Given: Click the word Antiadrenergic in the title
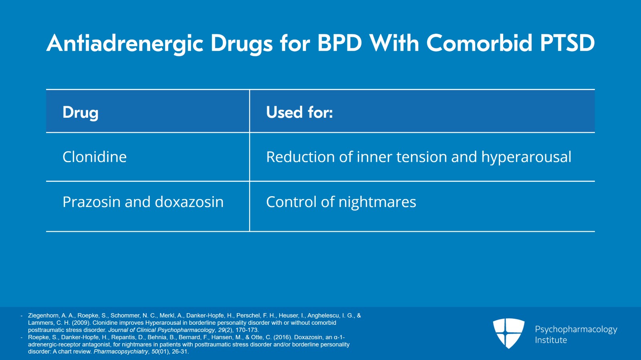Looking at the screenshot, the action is coord(125,44).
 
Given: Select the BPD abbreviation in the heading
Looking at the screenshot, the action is coord(340,43).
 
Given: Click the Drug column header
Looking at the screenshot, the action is coord(81,113).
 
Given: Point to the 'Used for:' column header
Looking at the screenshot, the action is coord(300,112).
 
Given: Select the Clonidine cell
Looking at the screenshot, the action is coord(95,157).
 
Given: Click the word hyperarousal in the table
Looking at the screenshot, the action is coord(526,157).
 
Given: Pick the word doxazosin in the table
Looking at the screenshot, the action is coord(189,202).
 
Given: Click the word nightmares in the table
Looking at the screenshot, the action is coord(377,203).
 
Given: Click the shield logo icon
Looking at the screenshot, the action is coord(508,333).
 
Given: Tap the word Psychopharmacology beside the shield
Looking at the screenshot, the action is coord(576,330).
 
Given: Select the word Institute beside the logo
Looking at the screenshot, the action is coord(551,340).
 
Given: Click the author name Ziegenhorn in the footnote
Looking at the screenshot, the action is coord(43,316).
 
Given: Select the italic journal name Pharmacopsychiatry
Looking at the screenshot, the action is coord(121,352).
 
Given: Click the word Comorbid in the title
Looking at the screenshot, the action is coord(479,43).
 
